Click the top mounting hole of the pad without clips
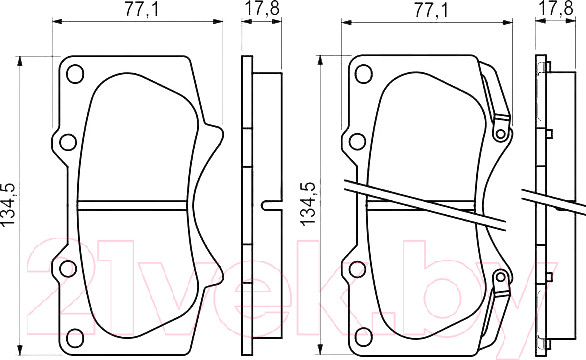click(x=75, y=74)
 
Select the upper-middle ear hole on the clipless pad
click(x=68, y=142)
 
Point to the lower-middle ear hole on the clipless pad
click(x=68, y=269)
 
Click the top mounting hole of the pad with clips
click(x=364, y=74)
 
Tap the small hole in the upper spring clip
click(x=500, y=133)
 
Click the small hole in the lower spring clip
click(x=500, y=277)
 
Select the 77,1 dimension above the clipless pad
click(x=142, y=9)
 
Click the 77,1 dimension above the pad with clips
click(x=430, y=10)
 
